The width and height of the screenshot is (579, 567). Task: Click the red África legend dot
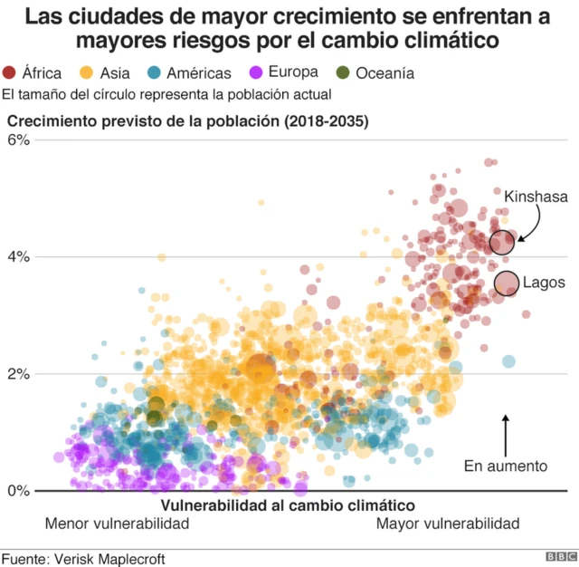(x=10, y=73)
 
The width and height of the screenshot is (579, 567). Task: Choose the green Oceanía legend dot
(x=342, y=73)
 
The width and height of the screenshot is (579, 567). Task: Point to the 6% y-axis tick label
(x=19, y=140)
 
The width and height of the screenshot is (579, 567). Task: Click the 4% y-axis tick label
(x=19, y=257)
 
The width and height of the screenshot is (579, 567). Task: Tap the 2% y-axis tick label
(x=19, y=374)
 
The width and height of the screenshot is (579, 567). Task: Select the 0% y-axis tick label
(x=19, y=491)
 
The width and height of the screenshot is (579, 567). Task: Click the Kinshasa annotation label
(x=536, y=196)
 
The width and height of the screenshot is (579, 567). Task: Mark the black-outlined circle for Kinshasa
(x=502, y=242)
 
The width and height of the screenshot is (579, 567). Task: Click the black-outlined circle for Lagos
(x=507, y=283)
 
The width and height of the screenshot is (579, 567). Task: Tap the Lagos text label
(x=544, y=283)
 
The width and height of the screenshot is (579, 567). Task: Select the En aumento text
(x=506, y=466)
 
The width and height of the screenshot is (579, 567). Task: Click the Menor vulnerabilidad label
(x=117, y=524)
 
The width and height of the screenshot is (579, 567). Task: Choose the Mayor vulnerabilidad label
(x=448, y=524)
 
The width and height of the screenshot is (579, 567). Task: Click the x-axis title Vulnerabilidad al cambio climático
(x=287, y=505)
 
